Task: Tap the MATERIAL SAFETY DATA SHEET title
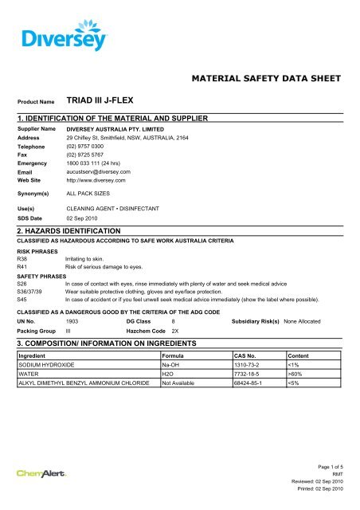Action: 267,79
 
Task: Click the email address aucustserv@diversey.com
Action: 99,171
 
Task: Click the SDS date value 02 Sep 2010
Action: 85,217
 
